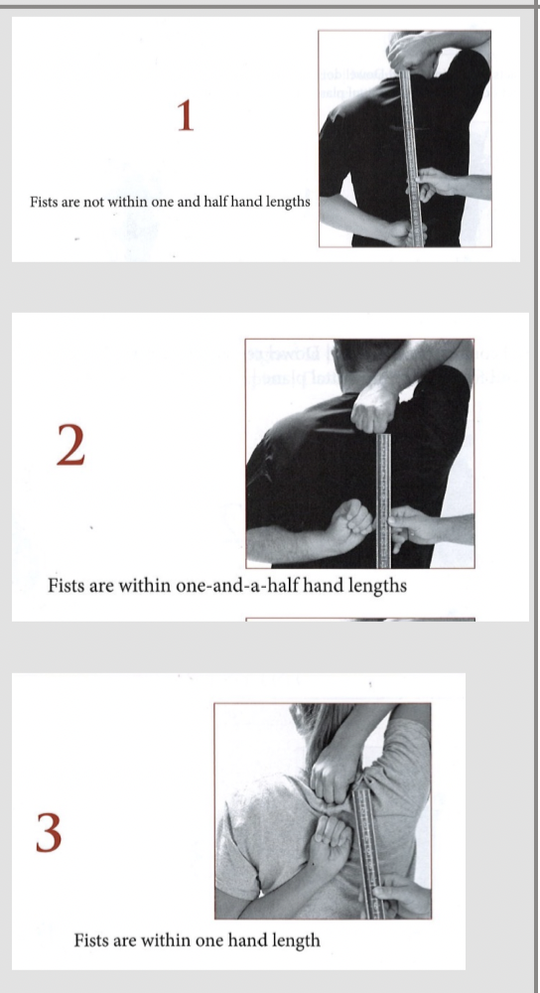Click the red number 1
(185, 116)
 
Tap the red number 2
(70, 445)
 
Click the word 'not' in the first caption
(95, 203)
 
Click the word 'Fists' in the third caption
(91, 939)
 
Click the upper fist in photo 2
(374, 409)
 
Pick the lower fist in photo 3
(330, 838)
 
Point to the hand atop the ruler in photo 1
(413, 52)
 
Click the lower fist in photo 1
(406, 232)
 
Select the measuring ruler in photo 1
(412, 158)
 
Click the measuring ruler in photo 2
(383, 500)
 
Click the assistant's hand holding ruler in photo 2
(412, 527)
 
